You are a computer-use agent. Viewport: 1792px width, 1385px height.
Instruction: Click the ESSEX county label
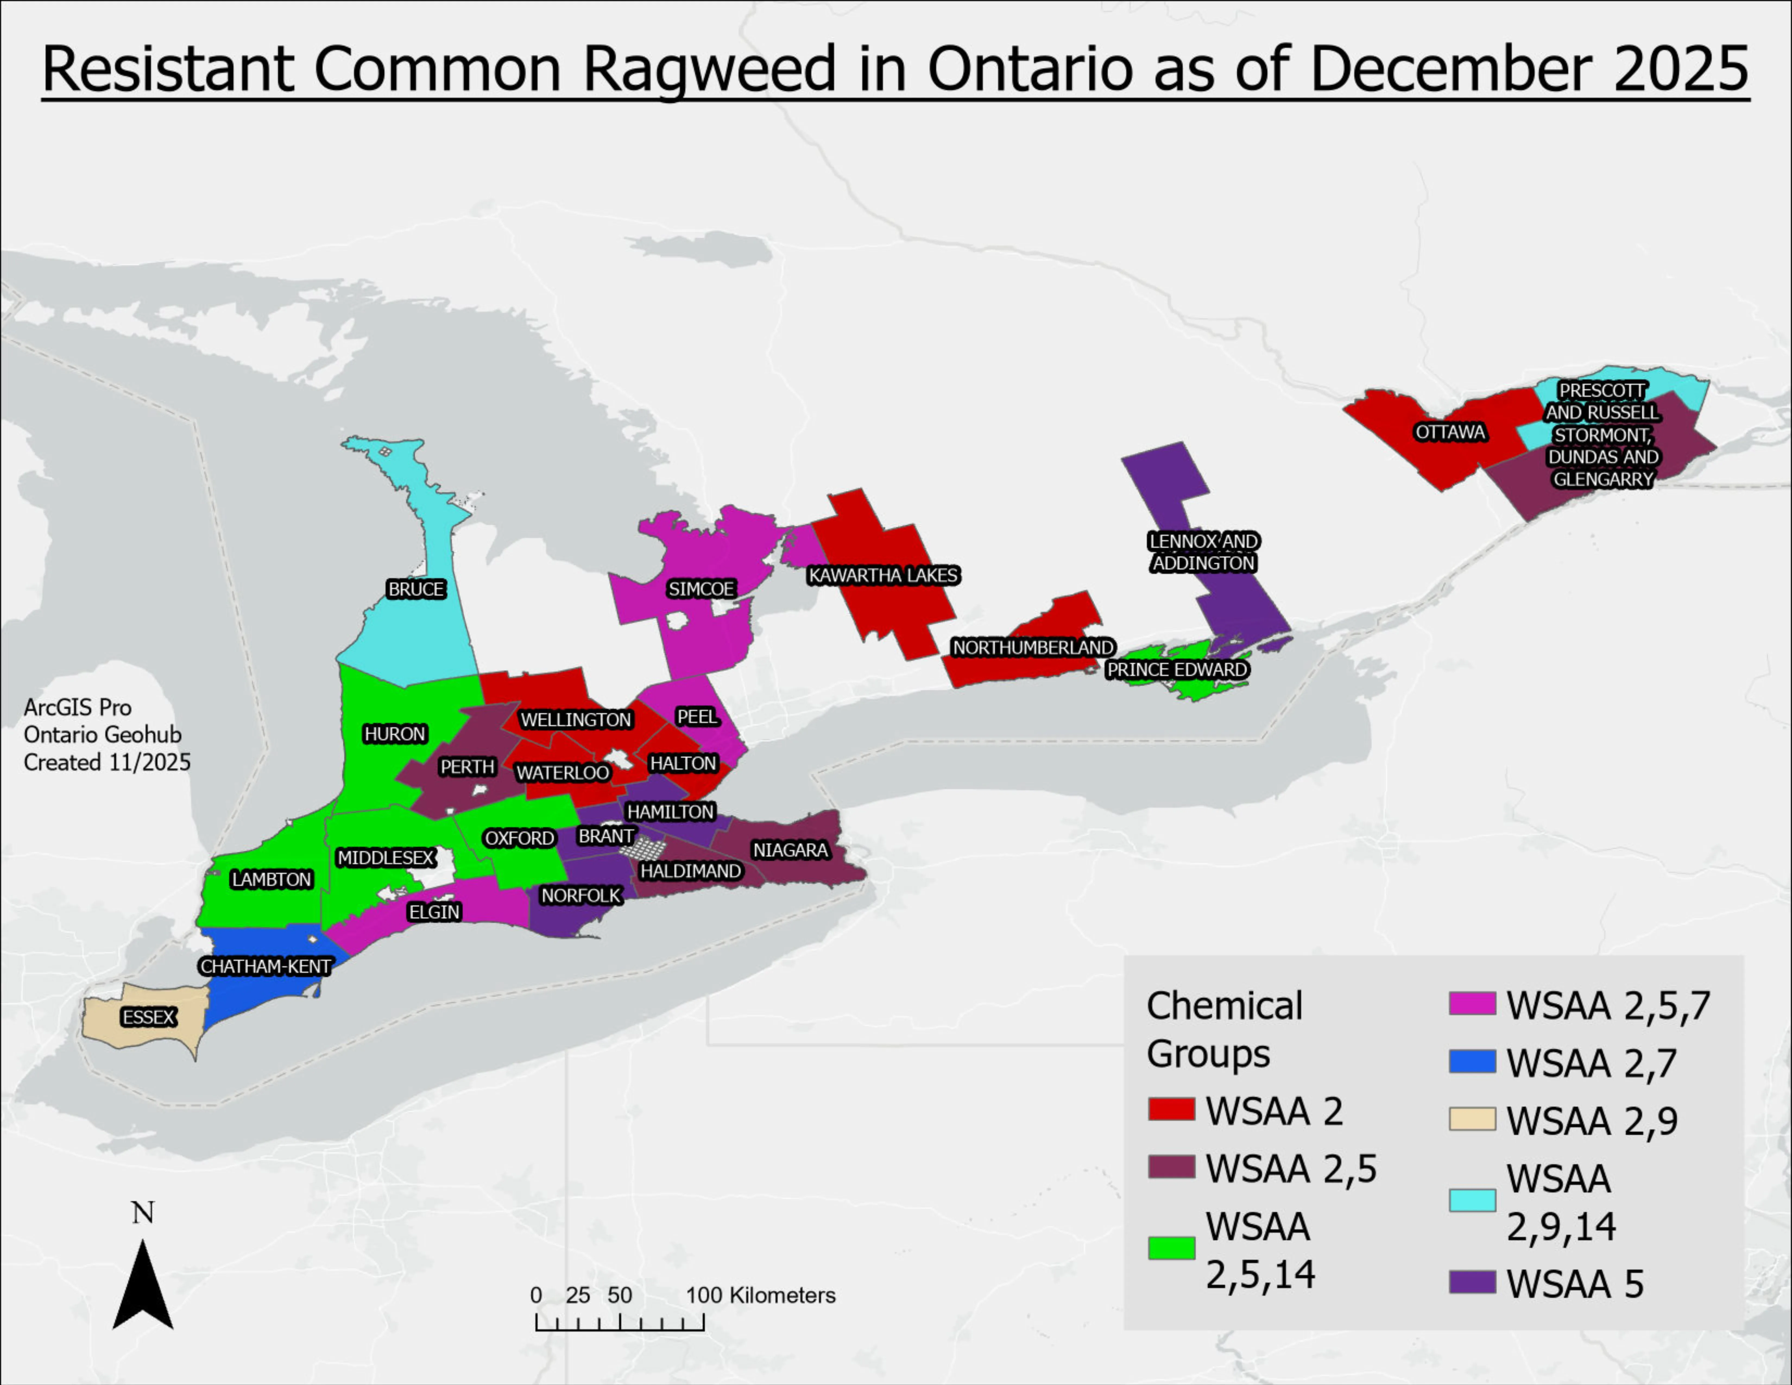click(x=149, y=1017)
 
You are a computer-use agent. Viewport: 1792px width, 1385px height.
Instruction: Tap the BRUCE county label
click(x=416, y=589)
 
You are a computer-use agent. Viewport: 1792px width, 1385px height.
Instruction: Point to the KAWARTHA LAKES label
click(x=883, y=575)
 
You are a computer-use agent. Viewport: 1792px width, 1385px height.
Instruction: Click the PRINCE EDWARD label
click(x=1177, y=669)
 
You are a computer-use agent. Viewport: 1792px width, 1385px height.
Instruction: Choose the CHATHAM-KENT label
click(x=265, y=967)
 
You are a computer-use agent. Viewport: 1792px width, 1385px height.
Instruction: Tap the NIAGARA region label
click(x=790, y=850)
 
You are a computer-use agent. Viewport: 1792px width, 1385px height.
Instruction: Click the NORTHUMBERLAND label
click(x=1032, y=647)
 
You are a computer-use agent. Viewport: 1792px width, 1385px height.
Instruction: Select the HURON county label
click(x=395, y=734)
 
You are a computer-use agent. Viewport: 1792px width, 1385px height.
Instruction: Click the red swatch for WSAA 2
click(x=1171, y=1110)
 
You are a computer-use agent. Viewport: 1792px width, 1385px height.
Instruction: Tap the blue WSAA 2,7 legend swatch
click(x=1472, y=1062)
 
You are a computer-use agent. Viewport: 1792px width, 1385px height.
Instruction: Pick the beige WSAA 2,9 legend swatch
click(x=1472, y=1119)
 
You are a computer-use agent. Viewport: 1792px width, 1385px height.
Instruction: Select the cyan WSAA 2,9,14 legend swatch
click(x=1472, y=1200)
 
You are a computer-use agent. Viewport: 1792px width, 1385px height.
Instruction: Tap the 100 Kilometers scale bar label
click(x=761, y=1296)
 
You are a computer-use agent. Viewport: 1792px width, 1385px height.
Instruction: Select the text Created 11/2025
click(x=107, y=762)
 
